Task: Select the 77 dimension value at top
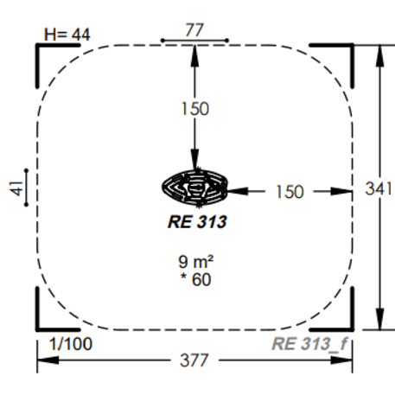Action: (194, 29)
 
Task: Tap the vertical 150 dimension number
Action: (194, 109)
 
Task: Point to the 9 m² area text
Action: (194, 260)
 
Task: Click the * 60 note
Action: (194, 278)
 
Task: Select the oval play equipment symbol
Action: (194, 186)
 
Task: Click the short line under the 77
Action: (194, 40)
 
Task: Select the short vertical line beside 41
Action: (29, 188)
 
